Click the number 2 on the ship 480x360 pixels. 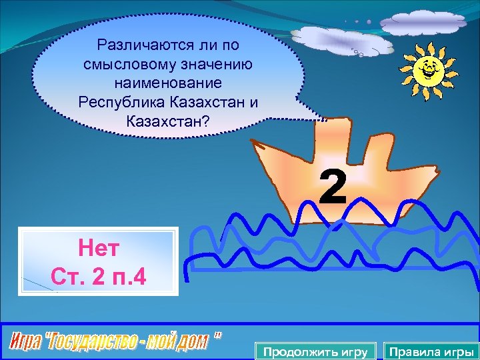tap(333, 188)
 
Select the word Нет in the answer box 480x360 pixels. tap(98, 250)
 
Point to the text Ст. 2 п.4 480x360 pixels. tap(98, 275)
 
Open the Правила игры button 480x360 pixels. tap(431, 351)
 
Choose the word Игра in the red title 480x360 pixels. tap(27, 342)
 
